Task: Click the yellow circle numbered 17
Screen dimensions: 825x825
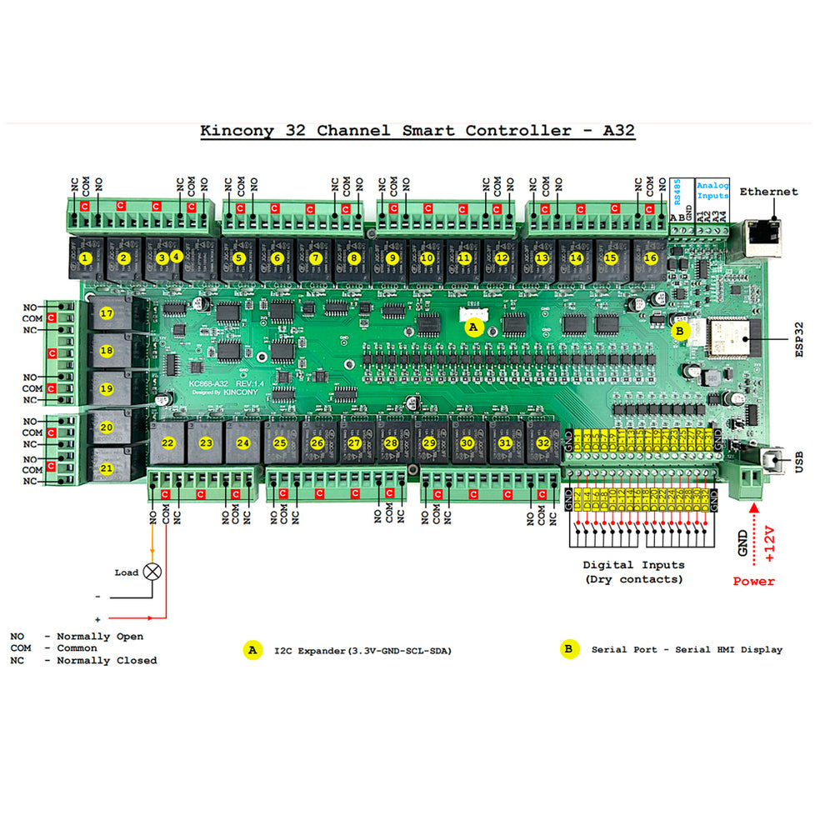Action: coord(106,313)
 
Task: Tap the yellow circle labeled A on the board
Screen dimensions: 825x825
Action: coord(473,327)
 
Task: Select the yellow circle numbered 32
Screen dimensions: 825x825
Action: coord(543,443)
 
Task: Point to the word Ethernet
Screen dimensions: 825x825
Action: coord(768,192)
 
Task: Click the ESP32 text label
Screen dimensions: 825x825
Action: coord(799,339)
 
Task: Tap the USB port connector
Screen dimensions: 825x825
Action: coord(772,460)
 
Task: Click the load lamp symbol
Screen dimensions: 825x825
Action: coord(152,572)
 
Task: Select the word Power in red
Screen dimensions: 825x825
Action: coord(753,581)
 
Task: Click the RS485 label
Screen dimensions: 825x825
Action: coord(677,192)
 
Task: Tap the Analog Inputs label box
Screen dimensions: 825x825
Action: coord(712,190)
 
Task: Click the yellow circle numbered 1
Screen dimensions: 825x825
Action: coord(84,258)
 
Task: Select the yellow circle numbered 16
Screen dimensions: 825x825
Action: coord(651,258)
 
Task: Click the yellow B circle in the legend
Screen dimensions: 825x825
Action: coord(569,649)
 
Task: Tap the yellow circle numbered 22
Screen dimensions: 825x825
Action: coord(167,443)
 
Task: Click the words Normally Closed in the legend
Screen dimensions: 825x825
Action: coord(107,661)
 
